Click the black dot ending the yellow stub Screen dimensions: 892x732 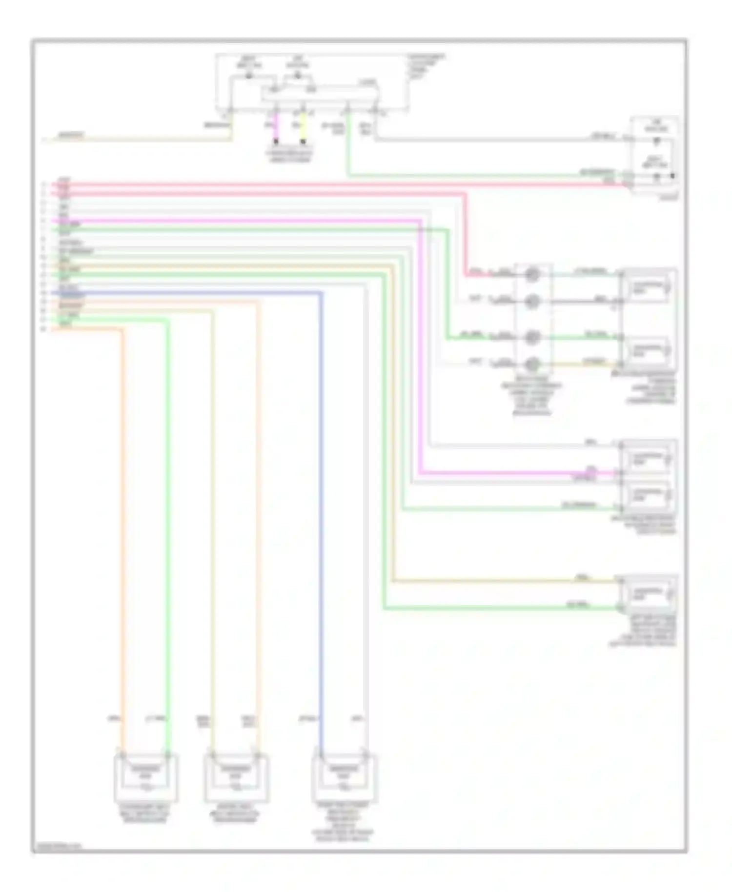pos(303,142)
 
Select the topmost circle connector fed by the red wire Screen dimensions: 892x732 pos(532,274)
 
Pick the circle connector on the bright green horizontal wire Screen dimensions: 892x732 pos(532,337)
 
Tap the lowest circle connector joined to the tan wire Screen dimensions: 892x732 pos(532,364)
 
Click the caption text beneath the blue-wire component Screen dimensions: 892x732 pos(344,822)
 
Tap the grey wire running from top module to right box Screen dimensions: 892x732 pos(488,140)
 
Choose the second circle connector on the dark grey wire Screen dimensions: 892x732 pos(532,302)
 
